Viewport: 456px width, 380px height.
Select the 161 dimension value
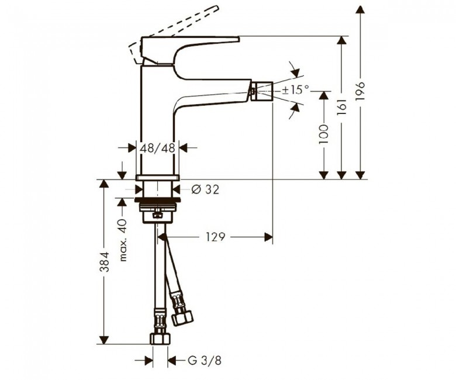(x=342, y=106)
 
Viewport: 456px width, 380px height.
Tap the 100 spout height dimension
(x=323, y=134)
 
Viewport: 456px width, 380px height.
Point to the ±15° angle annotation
(x=295, y=89)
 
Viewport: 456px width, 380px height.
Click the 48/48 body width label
(x=158, y=148)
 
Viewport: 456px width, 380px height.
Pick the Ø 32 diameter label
(x=205, y=189)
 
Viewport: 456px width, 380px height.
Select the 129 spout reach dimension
(x=216, y=237)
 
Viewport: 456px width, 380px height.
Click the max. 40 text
(x=123, y=240)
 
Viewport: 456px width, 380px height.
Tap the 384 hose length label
(x=104, y=262)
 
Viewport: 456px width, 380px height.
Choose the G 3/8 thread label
(x=205, y=361)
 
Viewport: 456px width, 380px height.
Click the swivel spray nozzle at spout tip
(x=262, y=91)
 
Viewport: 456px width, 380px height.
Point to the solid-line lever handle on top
(x=189, y=50)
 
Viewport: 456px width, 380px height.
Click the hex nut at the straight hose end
(x=160, y=338)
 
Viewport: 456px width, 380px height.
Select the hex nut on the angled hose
(x=182, y=318)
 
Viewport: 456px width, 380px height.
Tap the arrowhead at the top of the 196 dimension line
(x=360, y=9)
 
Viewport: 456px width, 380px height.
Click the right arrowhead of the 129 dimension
(x=268, y=237)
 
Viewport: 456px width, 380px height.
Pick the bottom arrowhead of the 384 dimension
(x=104, y=340)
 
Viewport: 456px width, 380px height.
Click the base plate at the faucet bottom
(x=157, y=177)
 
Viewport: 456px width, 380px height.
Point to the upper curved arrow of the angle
(x=295, y=70)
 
